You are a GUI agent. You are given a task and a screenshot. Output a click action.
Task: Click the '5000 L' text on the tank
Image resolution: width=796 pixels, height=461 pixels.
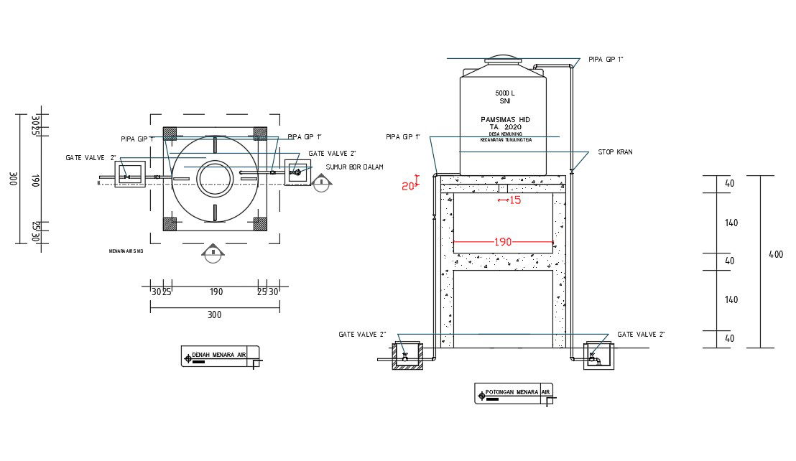click(x=505, y=93)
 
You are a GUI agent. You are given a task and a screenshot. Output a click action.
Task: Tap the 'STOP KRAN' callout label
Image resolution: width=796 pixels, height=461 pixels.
click(x=614, y=152)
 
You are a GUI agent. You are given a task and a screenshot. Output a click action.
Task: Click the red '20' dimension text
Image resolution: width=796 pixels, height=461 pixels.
click(x=408, y=186)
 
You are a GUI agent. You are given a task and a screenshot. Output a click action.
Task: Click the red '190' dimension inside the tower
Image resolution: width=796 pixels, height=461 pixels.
click(x=503, y=243)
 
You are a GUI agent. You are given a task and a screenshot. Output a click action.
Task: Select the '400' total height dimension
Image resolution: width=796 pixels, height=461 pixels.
click(x=776, y=254)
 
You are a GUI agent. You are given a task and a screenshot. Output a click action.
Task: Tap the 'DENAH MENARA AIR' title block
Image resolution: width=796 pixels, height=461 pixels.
click(x=220, y=355)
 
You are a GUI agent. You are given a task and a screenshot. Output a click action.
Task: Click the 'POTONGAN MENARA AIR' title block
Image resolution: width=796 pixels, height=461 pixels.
click(x=513, y=393)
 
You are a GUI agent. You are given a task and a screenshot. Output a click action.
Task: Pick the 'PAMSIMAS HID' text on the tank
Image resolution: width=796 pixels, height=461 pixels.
click(x=505, y=119)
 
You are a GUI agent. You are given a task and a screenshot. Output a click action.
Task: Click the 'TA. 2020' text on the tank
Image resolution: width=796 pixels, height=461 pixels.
click(x=505, y=127)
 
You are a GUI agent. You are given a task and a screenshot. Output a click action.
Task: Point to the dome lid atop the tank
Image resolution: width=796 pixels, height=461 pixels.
click(x=503, y=59)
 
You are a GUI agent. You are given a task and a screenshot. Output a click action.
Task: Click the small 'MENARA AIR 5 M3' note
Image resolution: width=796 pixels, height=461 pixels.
click(x=126, y=251)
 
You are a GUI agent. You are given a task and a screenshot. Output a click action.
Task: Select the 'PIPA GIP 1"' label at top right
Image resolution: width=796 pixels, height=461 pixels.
click(x=606, y=59)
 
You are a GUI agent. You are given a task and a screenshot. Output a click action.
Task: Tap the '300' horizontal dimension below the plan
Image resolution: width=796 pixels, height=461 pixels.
click(x=214, y=315)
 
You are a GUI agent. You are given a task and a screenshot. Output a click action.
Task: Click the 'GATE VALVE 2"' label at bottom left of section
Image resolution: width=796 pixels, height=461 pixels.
click(x=363, y=335)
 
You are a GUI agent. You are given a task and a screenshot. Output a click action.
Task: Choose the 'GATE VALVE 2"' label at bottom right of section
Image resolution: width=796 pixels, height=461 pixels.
click(x=642, y=335)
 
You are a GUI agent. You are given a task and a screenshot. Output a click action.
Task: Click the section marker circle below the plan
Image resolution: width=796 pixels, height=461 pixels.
click(x=213, y=255)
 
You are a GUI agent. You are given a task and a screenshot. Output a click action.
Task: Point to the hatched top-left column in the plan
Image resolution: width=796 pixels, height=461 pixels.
click(x=170, y=134)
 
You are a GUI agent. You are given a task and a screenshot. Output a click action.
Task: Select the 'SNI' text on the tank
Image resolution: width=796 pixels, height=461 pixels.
click(x=505, y=102)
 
